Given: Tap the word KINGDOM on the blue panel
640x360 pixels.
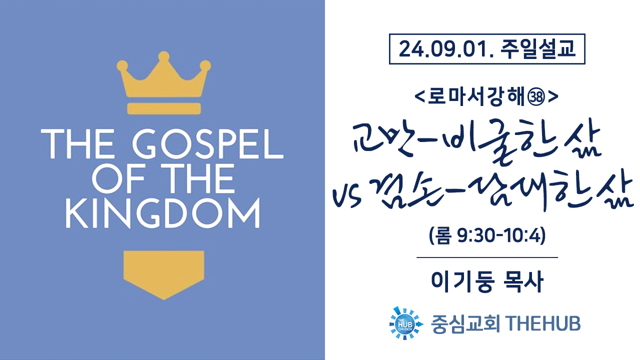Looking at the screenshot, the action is (163, 213).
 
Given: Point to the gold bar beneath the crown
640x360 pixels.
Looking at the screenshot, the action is (164, 108).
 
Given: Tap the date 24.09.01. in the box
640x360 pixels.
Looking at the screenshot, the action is (446, 49).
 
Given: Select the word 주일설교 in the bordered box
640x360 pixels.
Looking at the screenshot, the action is (537, 49).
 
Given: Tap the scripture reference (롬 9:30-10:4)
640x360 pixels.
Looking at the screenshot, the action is (487, 235).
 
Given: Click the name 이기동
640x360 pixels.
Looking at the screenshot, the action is (462, 281).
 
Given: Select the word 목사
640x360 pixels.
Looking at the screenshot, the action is (523, 281).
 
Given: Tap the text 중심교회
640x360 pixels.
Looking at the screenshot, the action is (465, 324).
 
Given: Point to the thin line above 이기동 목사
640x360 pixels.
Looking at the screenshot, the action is (487, 257).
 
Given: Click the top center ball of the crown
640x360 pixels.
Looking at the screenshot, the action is (163, 56).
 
